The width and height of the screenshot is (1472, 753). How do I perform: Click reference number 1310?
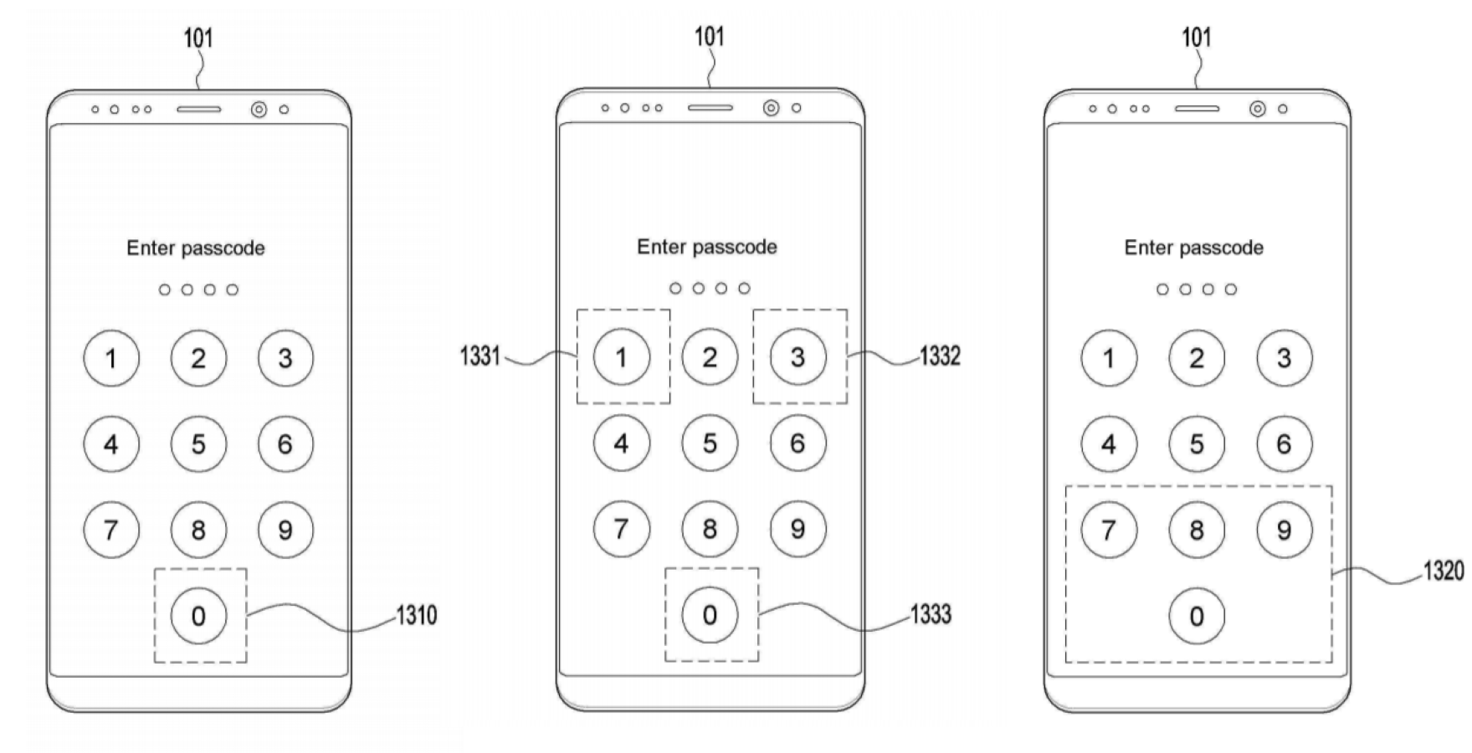[x=416, y=616]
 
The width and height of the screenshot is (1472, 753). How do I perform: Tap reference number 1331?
[x=480, y=356]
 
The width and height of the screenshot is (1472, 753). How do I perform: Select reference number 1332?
[x=940, y=356]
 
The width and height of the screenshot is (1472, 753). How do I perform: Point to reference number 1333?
[x=931, y=615]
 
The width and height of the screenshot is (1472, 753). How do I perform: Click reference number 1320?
[x=1443, y=571]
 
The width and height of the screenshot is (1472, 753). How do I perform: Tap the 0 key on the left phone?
[x=198, y=616]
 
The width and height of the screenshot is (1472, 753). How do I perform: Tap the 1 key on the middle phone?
[x=621, y=357]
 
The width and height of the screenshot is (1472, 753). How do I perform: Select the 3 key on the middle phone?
[x=798, y=357]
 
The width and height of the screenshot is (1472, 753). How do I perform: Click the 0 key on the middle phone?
[x=710, y=615]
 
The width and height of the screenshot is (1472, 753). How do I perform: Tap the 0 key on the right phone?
[x=1197, y=616]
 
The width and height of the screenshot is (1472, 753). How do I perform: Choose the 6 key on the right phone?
[x=1285, y=443]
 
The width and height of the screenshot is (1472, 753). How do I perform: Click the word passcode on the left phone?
[x=223, y=248]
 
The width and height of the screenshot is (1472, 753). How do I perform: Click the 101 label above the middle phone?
[x=710, y=37]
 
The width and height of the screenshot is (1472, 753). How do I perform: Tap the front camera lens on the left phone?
[x=259, y=110]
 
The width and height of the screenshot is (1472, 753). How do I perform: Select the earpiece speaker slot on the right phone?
[x=1197, y=109]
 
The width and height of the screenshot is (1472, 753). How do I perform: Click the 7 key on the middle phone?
[x=621, y=529]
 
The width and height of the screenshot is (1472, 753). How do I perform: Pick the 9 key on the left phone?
[x=285, y=530]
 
